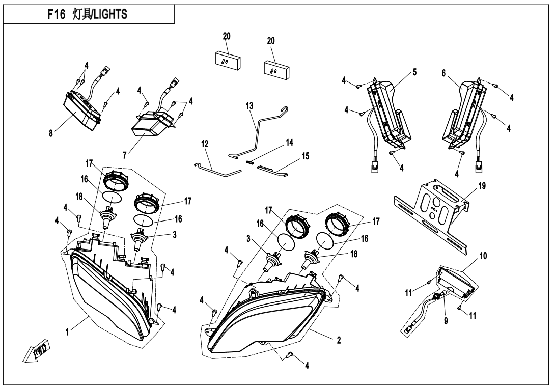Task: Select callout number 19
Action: [x=481, y=186]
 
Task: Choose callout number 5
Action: [x=414, y=72]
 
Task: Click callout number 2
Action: [x=338, y=341]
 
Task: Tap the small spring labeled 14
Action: [x=250, y=161]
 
